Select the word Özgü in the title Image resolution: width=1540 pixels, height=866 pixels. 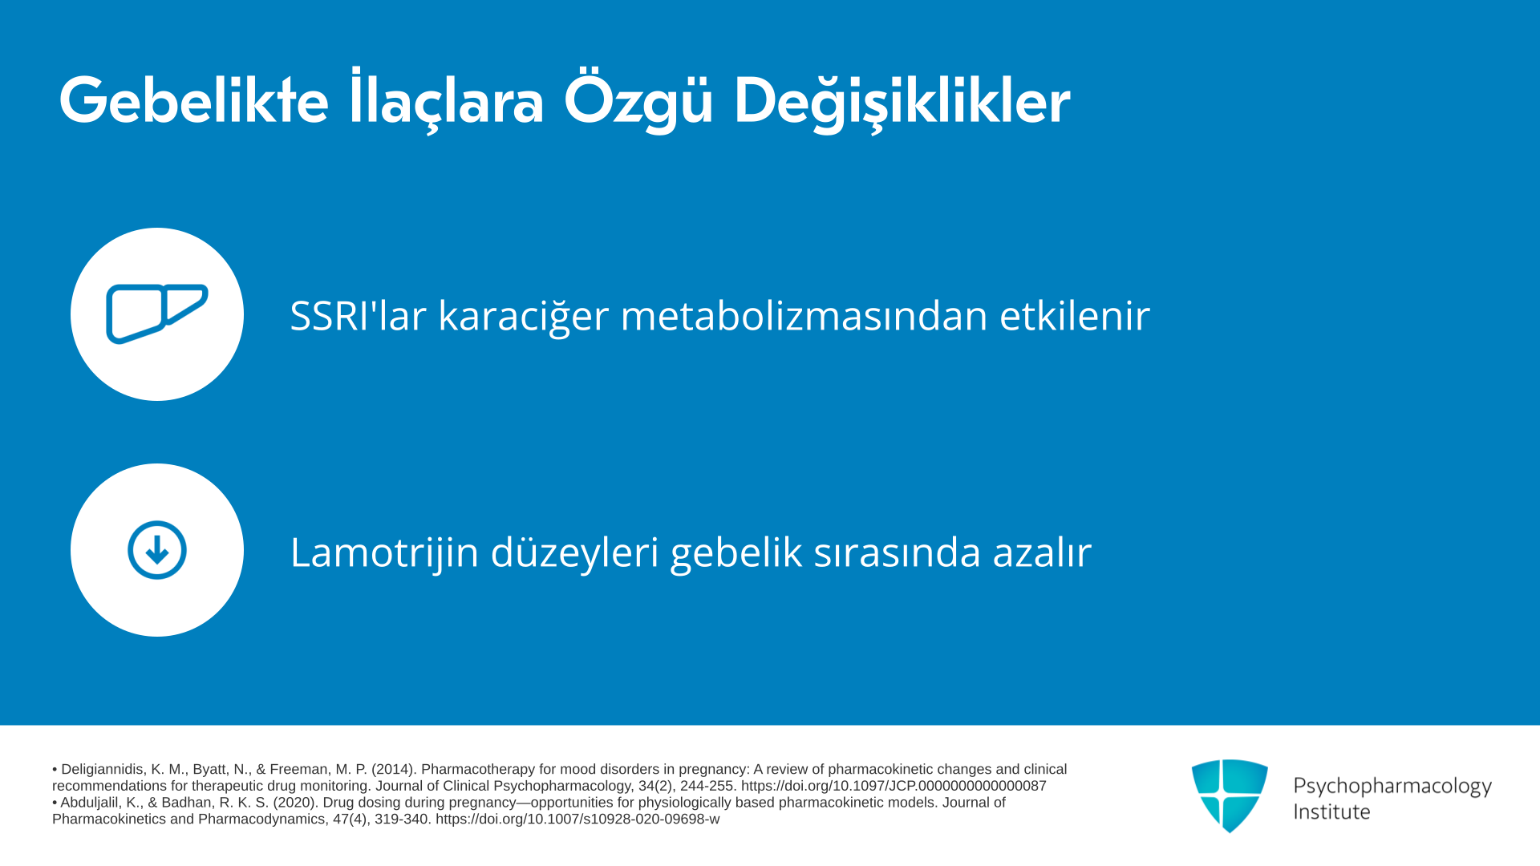coord(638,100)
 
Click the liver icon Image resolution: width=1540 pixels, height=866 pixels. coord(157,314)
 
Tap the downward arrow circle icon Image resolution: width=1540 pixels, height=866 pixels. coord(157,550)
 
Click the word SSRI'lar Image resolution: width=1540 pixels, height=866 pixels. coord(358,314)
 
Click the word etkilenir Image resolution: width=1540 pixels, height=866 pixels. coord(1075,314)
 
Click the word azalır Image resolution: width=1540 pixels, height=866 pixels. coord(1042,552)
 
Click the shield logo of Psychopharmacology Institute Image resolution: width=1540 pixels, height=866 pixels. coord(1230,795)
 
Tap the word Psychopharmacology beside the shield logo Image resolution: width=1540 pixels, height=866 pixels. coord(1392,787)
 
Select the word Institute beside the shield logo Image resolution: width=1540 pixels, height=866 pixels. coord(1331,811)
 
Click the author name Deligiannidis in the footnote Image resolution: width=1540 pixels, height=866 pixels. coord(103,770)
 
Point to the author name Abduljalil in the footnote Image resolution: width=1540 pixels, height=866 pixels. coord(89,803)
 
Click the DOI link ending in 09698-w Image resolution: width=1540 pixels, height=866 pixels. coord(577,819)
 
